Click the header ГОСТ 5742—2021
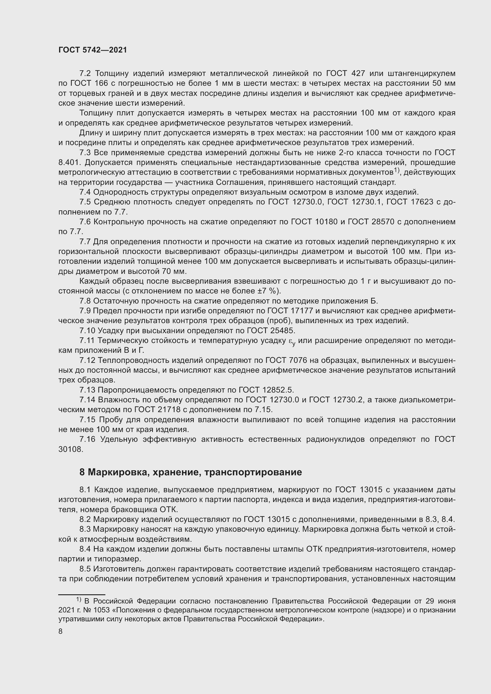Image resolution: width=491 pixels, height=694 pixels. [93, 50]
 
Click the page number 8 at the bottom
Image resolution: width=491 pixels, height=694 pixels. [61, 631]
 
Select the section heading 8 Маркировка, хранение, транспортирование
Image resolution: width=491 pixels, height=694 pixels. [191, 472]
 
